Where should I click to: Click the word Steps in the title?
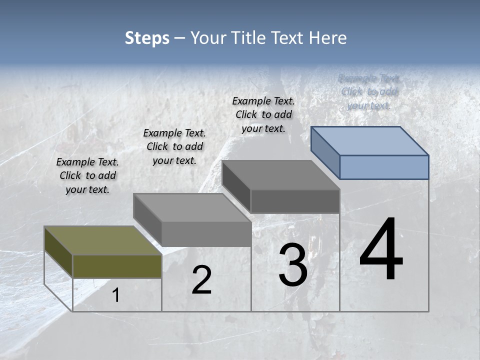tap(147, 38)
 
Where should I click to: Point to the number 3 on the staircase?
tap(293, 265)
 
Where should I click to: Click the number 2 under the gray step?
tap(201, 280)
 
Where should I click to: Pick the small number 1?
tap(116, 295)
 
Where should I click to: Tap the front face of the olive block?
tap(117, 266)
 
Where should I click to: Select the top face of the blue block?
tap(370, 140)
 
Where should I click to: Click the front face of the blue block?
tap(384, 167)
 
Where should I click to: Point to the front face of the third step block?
tap(295, 201)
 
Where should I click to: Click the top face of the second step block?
tap(192, 208)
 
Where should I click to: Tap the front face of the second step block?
tap(206, 234)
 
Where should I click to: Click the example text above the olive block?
tap(87, 175)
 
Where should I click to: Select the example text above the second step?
tap(174, 146)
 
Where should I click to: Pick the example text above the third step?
tap(263, 114)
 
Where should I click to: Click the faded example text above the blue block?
tap(369, 91)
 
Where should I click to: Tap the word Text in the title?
tap(285, 38)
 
